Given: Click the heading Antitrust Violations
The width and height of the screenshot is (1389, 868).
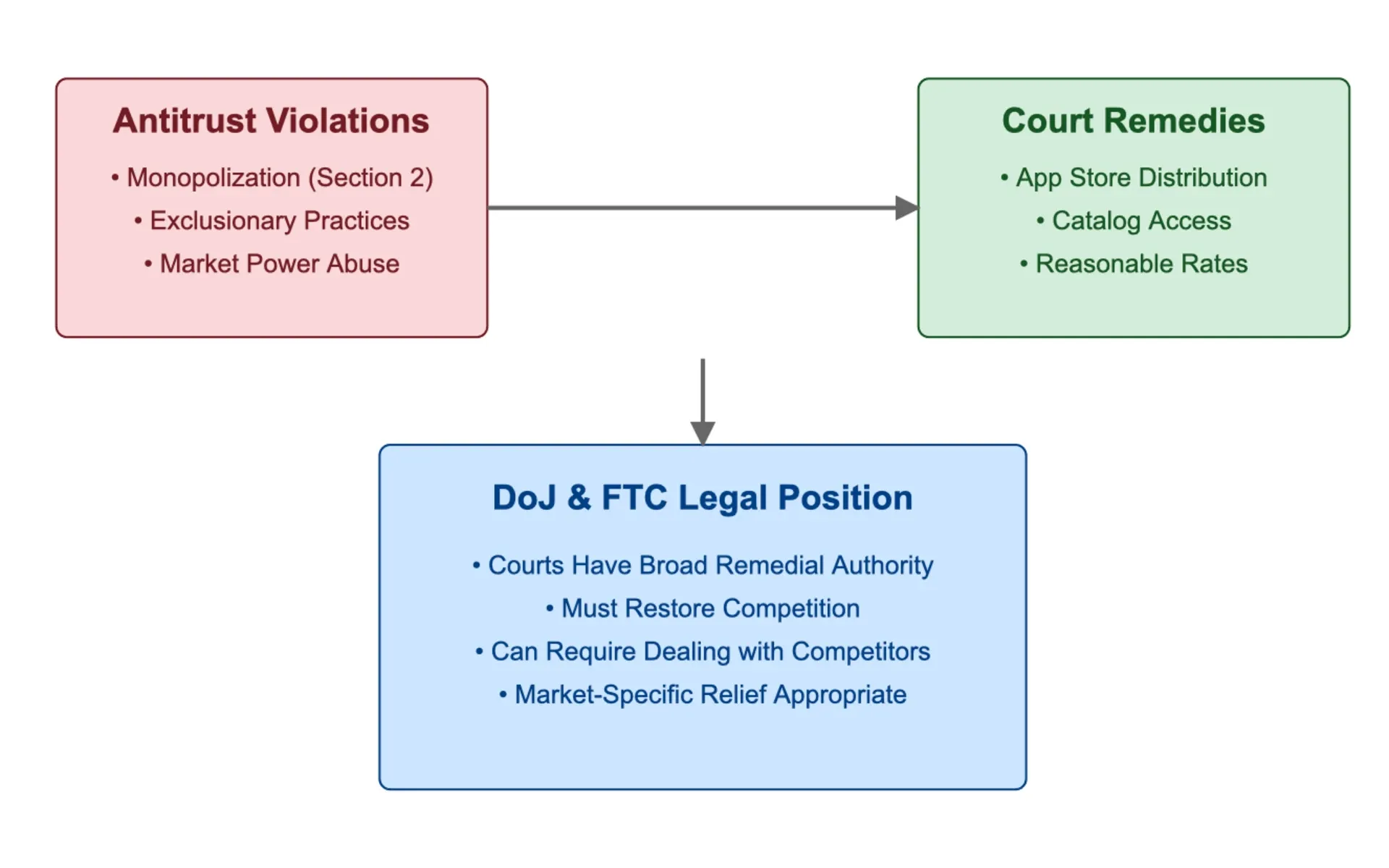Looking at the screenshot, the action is tap(271, 121).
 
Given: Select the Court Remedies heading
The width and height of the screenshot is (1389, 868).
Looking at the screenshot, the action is tap(1134, 121).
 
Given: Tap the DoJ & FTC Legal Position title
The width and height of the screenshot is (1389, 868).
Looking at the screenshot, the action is tap(702, 498).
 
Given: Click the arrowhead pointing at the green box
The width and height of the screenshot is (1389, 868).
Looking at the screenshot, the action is tap(907, 208).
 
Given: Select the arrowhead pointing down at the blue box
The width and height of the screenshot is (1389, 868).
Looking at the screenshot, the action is tap(702, 433).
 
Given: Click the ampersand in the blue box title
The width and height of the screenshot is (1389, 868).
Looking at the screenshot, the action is tap(579, 498).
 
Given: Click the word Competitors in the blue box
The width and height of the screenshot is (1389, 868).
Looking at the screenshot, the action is tap(861, 652).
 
